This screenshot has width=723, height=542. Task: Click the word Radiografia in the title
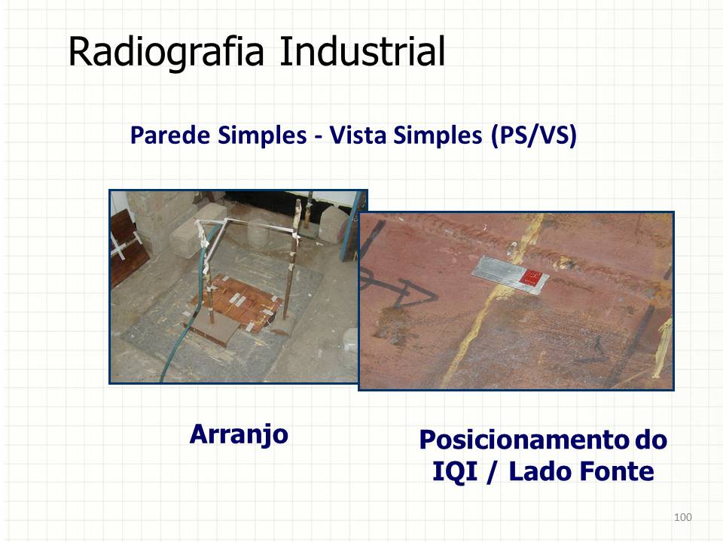[x=166, y=52]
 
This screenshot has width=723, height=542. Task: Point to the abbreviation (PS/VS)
[x=533, y=136]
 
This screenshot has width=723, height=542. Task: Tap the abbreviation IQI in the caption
[x=455, y=471]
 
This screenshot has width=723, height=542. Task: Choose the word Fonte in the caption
[x=616, y=471]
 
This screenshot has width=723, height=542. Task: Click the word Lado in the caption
[x=541, y=471]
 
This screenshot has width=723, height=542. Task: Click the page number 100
[x=683, y=517]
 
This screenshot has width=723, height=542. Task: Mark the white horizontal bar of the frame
[x=258, y=224]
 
